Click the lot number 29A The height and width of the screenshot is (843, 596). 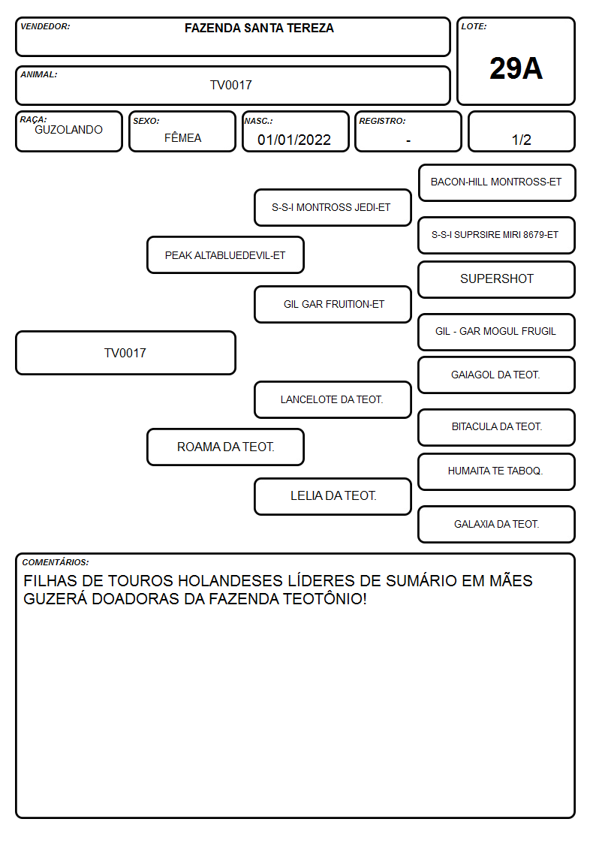click(x=516, y=68)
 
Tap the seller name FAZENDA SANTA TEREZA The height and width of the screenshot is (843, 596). click(x=259, y=28)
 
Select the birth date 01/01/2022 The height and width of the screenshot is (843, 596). click(x=294, y=140)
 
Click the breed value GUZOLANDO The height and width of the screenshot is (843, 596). click(x=68, y=130)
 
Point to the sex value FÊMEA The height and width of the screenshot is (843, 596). click(x=182, y=137)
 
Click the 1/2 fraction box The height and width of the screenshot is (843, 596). click(x=521, y=131)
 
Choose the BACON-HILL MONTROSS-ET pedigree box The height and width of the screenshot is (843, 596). click(x=497, y=183)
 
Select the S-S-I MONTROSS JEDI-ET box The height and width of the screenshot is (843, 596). click(x=333, y=207)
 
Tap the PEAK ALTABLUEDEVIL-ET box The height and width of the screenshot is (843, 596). click(x=225, y=254)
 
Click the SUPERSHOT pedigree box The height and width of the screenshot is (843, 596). click(x=497, y=279)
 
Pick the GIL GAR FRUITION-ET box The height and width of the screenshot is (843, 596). click(x=333, y=304)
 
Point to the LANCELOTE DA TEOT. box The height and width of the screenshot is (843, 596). click(x=333, y=399)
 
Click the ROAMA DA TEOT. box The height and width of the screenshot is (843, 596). click(x=225, y=447)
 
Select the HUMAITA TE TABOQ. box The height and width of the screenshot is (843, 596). click(x=497, y=471)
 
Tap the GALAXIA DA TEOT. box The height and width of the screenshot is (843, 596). click(x=497, y=524)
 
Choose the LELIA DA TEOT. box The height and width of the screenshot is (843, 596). click(x=333, y=496)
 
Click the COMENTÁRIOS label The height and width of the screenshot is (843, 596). click(x=56, y=562)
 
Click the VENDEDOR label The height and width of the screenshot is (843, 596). click(x=45, y=26)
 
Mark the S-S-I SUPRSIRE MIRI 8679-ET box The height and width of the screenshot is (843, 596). click(x=497, y=235)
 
